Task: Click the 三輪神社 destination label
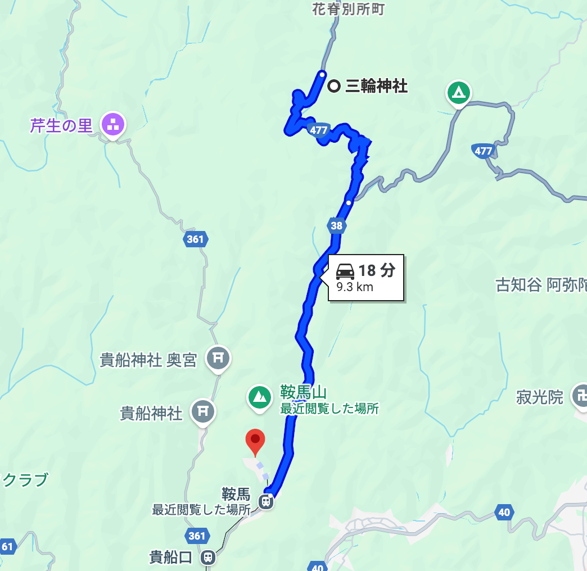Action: (376, 86)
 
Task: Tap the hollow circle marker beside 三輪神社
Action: (333, 86)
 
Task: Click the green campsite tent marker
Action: (459, 92)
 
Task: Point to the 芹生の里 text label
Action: (61, 125)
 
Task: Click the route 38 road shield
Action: (336, 226)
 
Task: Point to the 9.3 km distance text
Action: (355, 287)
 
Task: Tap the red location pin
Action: (255, 441)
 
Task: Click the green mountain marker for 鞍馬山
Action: (259, 396)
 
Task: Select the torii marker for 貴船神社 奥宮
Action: (218, 357)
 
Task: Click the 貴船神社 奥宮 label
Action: (148, 360)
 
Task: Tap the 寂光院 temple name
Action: (540, 398)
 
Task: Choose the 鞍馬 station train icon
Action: (267, 500)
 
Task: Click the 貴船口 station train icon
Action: (208, 557)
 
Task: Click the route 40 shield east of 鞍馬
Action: (504, 512)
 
